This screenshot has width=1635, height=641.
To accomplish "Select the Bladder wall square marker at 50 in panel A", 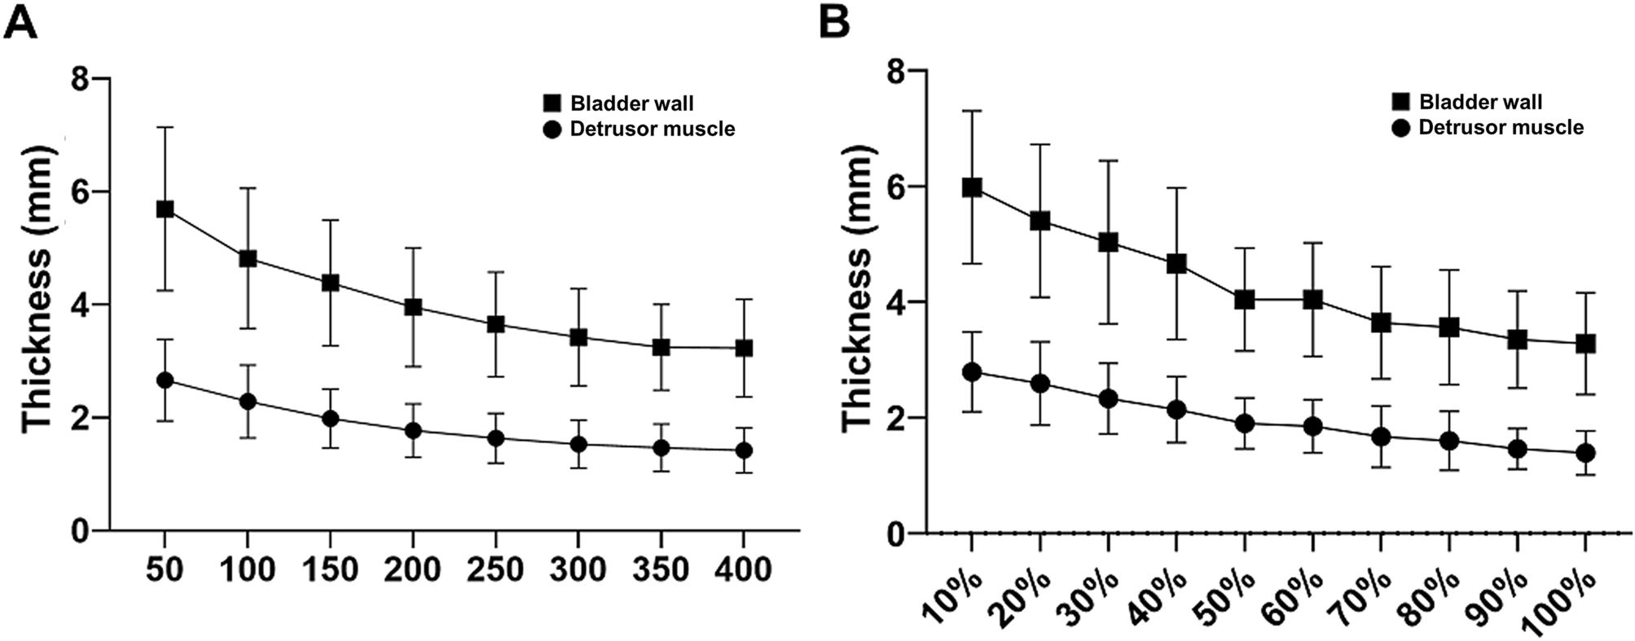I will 165,209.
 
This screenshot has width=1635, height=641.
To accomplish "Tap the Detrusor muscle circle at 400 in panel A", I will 743,450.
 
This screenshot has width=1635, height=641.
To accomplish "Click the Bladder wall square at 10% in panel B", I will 972,187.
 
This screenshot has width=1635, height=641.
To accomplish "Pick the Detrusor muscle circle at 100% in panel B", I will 1585,453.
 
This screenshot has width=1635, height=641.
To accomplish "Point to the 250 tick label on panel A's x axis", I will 495,569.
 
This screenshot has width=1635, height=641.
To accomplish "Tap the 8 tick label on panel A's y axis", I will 80,79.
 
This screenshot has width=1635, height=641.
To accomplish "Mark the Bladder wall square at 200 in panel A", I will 413,307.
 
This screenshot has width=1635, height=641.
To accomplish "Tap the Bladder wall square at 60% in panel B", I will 1312,300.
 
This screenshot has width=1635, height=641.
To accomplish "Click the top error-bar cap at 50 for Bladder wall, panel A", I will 165,127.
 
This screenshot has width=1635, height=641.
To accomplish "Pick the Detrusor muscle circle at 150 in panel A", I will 330,419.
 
